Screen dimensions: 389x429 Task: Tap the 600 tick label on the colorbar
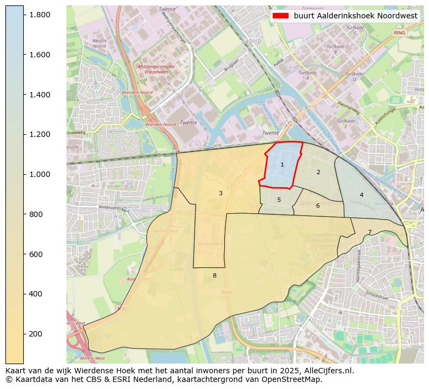(36, 254)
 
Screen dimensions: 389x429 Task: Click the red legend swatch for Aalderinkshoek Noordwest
(280, 16)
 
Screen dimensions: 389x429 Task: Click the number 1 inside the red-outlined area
(282, 164)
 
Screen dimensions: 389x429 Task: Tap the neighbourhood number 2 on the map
(318, 173)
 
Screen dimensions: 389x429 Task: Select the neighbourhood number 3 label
(220, 193)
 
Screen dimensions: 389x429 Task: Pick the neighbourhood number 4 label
(361, 195)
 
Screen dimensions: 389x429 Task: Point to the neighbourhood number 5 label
(279, 200)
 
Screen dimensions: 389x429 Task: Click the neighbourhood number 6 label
(318, 206)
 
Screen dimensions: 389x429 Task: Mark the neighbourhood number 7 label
(370, 233)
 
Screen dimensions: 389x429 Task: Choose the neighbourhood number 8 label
(215, 275)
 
